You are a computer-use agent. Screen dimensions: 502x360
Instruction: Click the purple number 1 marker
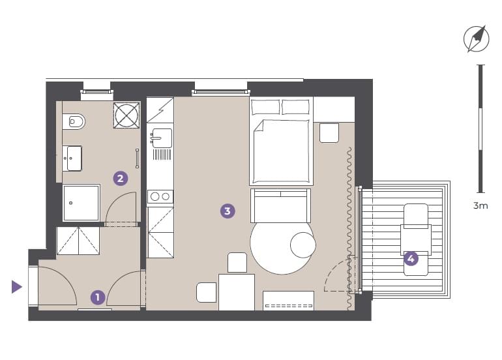(98, 297)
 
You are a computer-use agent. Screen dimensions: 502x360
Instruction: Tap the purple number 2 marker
(121, 179)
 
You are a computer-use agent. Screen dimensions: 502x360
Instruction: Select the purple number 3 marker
(228, 211)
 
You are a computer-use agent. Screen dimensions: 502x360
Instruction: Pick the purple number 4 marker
(411, 258)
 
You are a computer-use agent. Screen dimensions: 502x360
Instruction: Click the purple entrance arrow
(17, 287)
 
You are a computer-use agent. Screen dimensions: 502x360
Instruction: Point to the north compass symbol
(477, 39)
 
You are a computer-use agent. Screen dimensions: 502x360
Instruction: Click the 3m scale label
(480, 205)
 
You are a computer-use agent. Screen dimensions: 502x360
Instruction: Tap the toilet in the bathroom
(74, 122)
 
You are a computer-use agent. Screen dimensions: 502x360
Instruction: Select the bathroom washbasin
(72, 158)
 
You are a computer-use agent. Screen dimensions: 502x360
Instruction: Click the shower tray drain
(71, 203)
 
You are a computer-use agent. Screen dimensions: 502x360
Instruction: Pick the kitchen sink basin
(162, 138)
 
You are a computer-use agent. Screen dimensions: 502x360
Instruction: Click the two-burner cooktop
(160, 196)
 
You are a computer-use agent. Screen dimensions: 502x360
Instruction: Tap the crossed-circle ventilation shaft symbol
(126, 115)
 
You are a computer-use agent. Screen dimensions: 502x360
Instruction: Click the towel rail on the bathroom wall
(138, 158)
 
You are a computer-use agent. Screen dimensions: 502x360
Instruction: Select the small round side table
(303, 245)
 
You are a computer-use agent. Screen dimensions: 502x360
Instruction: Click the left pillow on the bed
(265, 107)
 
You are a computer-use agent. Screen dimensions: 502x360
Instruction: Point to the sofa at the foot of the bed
(280, 205)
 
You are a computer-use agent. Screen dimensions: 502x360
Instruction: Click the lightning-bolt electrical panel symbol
(160, 110)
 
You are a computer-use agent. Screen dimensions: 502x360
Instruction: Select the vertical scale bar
(480, 128)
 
